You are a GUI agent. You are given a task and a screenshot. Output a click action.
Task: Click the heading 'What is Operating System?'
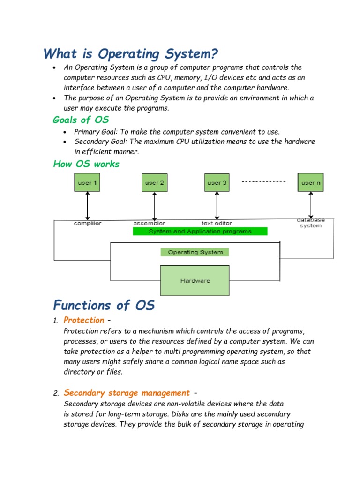[131, 54]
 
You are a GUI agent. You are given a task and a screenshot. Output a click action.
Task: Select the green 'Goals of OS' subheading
[81, 120]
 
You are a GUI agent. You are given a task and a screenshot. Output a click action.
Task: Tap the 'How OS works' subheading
[86, 164]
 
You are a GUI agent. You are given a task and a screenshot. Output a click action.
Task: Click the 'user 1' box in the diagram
[87, 182]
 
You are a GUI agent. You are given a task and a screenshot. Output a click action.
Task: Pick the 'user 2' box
[154, 183]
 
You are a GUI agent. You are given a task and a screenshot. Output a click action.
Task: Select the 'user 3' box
[217, 183]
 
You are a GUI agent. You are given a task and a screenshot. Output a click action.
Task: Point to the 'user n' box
[311, 182]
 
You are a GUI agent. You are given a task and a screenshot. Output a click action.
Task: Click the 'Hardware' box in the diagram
[195, 280]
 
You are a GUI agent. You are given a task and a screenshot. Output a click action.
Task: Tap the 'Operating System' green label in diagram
[195, 252]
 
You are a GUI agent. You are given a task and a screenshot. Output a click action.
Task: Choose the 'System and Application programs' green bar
[200, 231]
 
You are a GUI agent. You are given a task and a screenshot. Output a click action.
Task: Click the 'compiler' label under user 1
[87, 223]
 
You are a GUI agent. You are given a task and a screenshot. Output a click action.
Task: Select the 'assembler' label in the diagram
[149, 223]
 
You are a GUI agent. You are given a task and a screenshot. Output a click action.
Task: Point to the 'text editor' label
[217, 223]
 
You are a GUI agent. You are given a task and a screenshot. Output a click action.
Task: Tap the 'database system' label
[311, 223]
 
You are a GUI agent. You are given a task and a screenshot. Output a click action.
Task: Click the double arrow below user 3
[217, 205]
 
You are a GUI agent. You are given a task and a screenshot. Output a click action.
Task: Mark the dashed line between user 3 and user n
[264, 181]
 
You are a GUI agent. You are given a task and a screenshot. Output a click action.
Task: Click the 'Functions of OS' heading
[104, 306]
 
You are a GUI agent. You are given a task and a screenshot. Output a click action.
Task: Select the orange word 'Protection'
[84, 320]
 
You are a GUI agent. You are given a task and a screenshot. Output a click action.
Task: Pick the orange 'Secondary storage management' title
[127, 392]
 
